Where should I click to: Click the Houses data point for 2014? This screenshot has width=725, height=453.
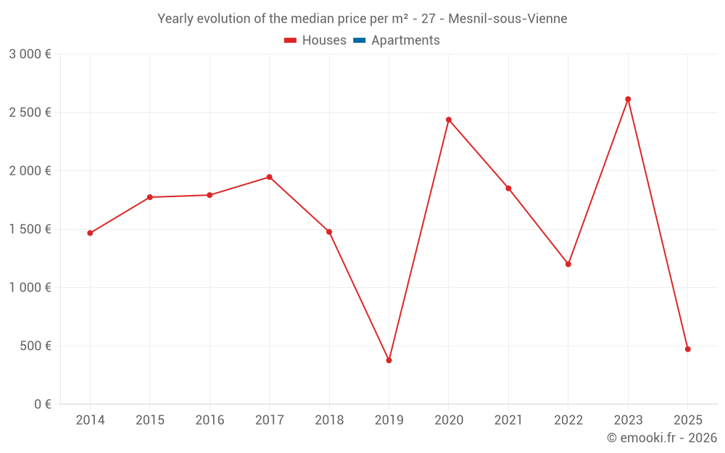pyautogui.click(x=90, y=233)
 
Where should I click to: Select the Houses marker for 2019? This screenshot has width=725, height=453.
pyautogui.click(x=389, y=360)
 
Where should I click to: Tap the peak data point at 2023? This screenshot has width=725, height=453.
pyautogui.click(x=628, y=99)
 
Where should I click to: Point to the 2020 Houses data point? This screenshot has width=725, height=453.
pyautogui.click(x=449, y=120)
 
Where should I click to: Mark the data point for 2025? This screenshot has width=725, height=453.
pyautogui.click(x=688, y=349)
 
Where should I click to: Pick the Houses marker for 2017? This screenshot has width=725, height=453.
pyautogui.click(x=269, y=177)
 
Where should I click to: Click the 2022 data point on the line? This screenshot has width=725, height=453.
pyautogui.click(x=568, y=264)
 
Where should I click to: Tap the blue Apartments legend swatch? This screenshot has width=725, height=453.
pyautogui.click(x=359, y=41)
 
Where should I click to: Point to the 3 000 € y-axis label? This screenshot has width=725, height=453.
pyautogui.click(x=30, y=54)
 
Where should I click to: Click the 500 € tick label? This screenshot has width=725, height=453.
pyautogui.click(x=35, y=346)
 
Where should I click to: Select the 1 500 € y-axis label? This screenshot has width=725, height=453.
pyautogui.click(x=30, y=229)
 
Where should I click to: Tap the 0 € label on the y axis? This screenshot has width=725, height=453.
pyautogui.click(x=42, y=404)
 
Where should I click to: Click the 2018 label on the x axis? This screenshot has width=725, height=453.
pyautogui.click(x=329, y=420)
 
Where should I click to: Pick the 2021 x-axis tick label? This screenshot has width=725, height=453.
pyautogui.click(x=508, y=420)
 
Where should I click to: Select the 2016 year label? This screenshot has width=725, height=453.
pyautogui.click(x=210, y=420)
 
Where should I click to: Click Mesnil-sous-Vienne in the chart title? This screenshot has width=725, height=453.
pyautogui.click(x=507, y=19)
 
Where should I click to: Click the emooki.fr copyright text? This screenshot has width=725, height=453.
pyautogui.click(x=662, y=438)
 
